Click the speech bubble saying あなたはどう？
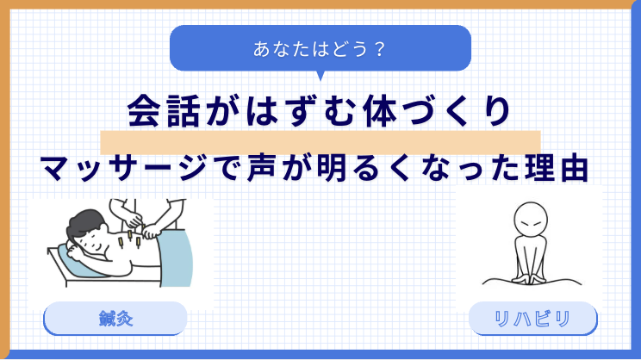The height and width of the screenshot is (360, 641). (x=320, y=48)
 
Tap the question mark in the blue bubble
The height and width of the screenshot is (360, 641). (x=380, y=49)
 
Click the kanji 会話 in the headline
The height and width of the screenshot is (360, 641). (x=164, y=111)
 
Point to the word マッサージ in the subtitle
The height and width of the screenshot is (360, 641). (x=122, y=168)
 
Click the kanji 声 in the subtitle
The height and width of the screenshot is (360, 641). (x=264, y=168)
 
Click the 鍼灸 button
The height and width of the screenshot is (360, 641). (x=115, y=319)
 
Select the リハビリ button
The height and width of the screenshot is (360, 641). (x=532, y=319)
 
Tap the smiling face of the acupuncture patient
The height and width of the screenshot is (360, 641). (x=96, y=240)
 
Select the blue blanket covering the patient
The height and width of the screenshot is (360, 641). (x=175, y=258)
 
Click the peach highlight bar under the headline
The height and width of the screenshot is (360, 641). (x=320, y=143)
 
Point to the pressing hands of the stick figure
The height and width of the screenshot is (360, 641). (x=531, y=280)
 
